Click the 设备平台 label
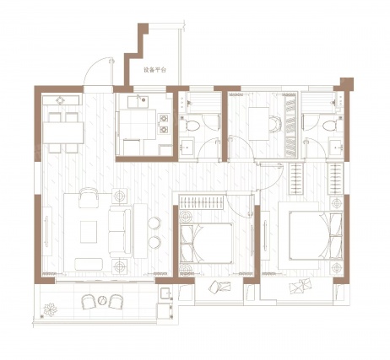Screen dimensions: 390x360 [154, 70]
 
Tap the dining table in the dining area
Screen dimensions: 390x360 [63, 132]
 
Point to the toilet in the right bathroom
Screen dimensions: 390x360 [330, 126]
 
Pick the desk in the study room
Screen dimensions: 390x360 [259, 124]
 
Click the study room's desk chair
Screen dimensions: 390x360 [275, 124]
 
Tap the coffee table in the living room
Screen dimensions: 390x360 [89, 232]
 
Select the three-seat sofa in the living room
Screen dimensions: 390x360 [120, 232]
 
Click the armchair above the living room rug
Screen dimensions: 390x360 [89, 197]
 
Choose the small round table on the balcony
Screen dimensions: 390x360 [102, 301]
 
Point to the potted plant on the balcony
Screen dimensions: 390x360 [51, 309]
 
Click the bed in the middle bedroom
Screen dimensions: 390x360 [206, 244]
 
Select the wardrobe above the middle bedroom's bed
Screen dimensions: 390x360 [201, 202]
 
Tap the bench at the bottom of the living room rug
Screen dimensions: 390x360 [89, 264]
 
